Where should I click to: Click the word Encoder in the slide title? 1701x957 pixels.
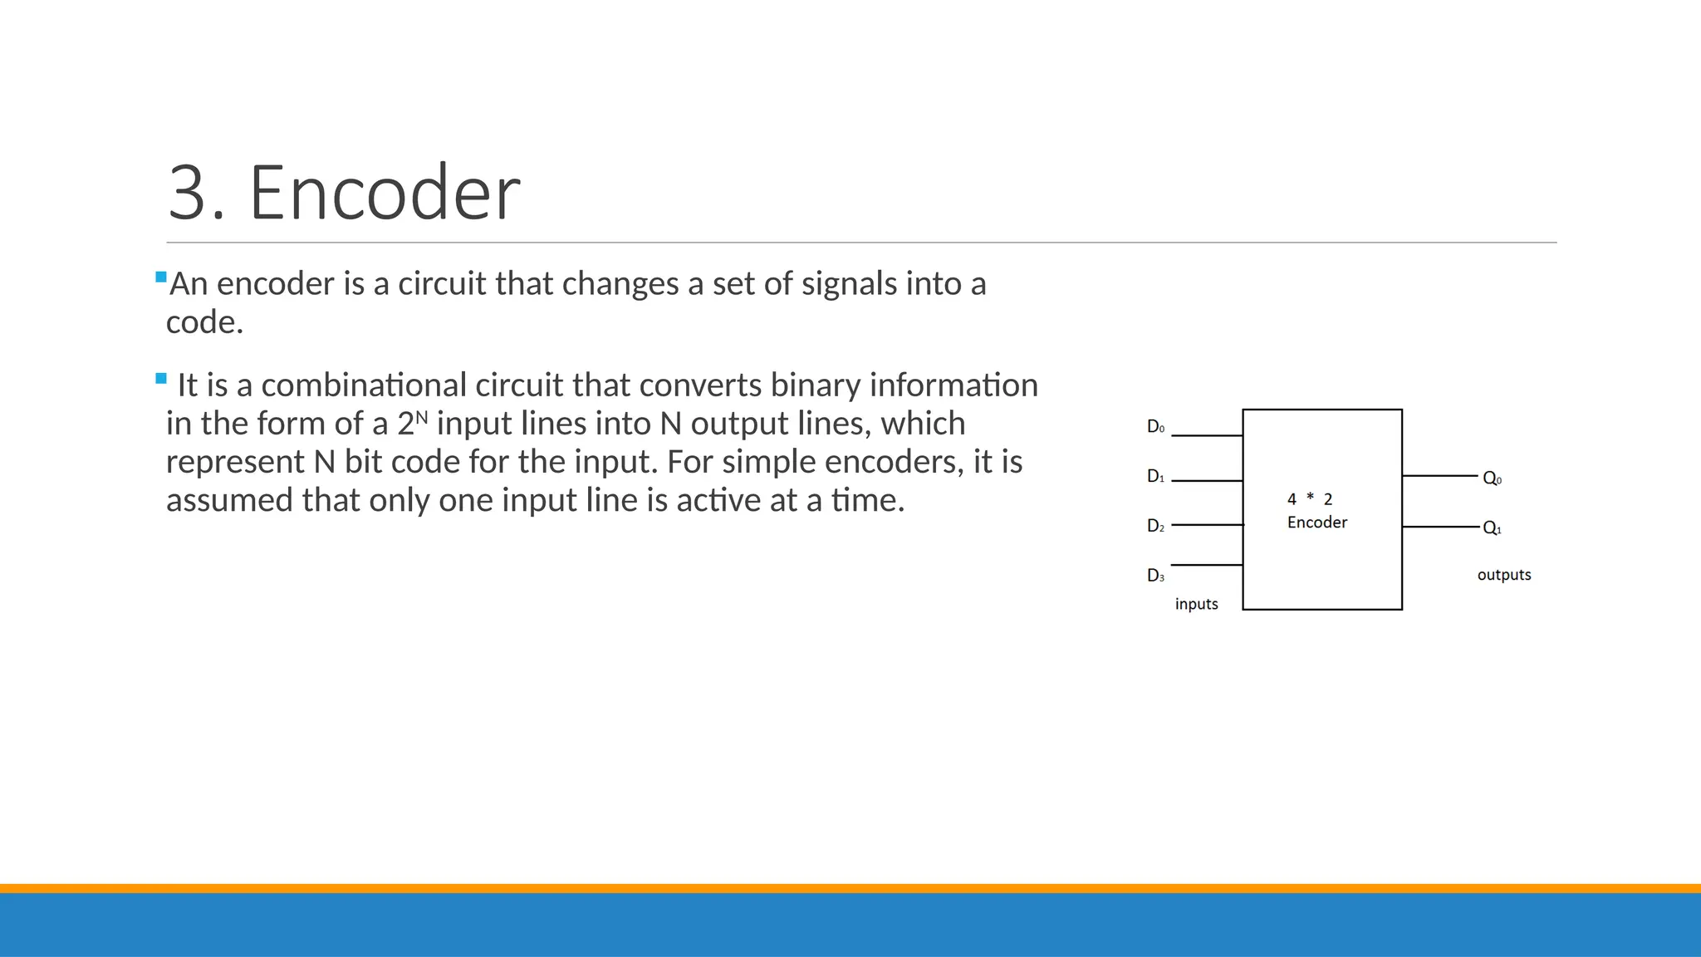(x=385, y=194)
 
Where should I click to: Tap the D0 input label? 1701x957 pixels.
(x=1155, y=427)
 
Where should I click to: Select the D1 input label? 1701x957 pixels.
(x=1155, y=477)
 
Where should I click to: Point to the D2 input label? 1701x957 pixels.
(x=1155, y=526)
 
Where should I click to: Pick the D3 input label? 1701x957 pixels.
(x=1155, y=576)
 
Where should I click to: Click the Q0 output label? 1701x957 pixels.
(x=1492, y=479)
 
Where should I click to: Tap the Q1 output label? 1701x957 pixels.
(x=1492, y=528)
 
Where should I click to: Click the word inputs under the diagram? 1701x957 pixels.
(x=1196, y=604)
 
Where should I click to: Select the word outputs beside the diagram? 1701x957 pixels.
(x=1503, y=575)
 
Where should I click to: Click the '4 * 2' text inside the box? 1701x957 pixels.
(x=1309, y=499)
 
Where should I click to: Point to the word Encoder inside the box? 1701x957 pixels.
(x=1316, y=523)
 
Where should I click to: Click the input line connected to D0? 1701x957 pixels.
(x=1206, y=435)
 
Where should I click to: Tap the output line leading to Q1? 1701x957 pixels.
(x=1440, y=527)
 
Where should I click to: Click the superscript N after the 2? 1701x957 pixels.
(x=421, y=416)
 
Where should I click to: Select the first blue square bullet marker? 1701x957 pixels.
(x=161, y=277)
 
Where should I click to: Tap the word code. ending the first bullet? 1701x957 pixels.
(x=204, y=322)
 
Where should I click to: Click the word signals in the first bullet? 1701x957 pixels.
(x=849, y=284)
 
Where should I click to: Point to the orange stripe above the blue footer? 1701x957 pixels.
(x=850, y=888)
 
